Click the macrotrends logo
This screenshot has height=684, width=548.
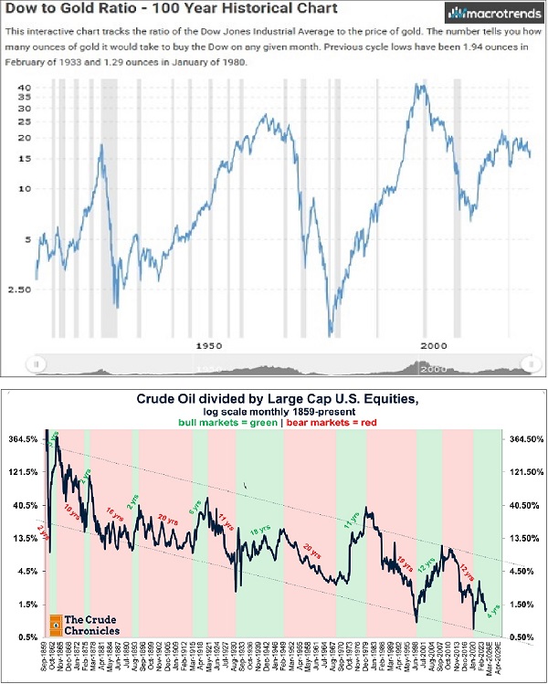pos(484,13)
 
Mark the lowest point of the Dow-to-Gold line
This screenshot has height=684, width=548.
pos(332,334)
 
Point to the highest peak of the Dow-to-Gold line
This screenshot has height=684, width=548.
pos(418,86)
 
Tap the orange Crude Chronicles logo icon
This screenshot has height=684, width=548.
pos(56,626)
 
